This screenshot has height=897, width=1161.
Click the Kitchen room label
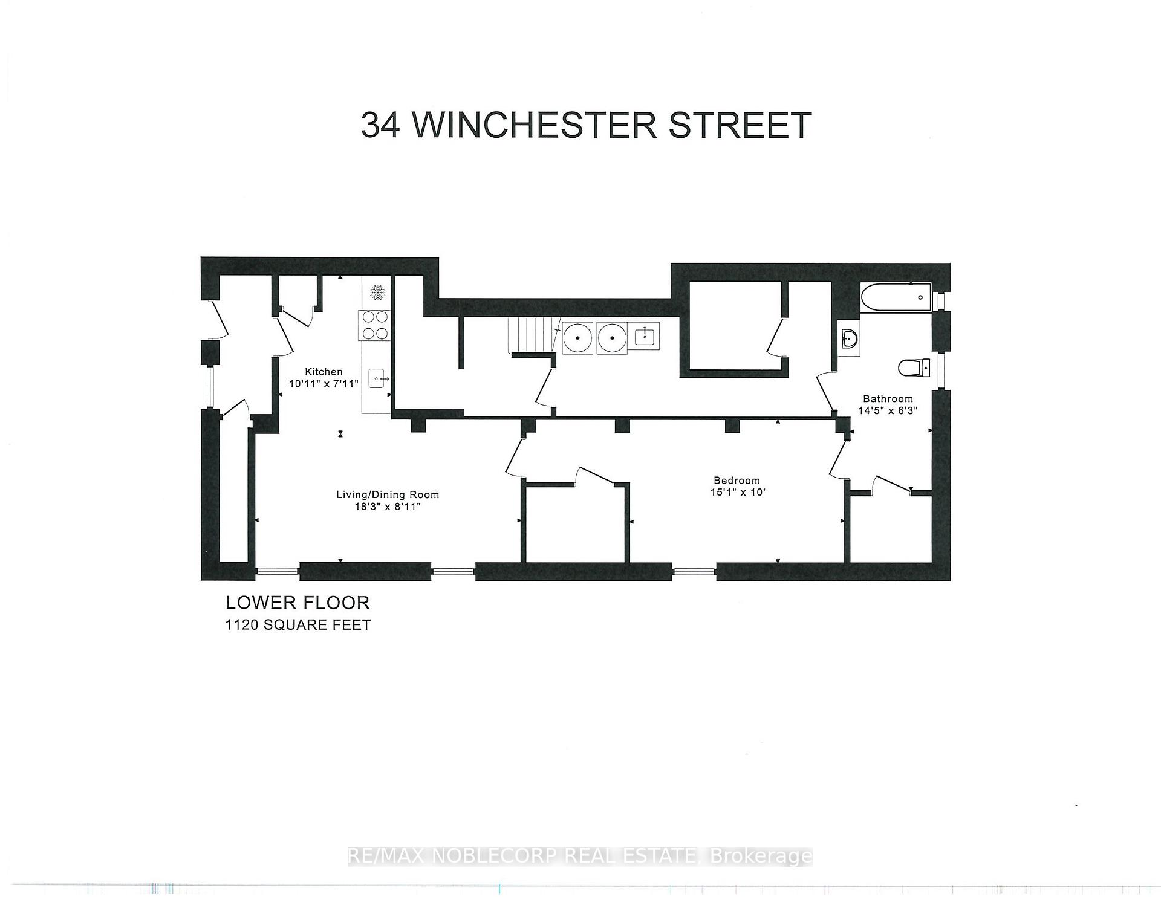[324, 372]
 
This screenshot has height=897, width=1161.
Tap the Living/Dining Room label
[388, 494]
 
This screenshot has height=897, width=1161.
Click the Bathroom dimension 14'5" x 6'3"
[888, 410]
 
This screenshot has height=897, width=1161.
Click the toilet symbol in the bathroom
[915, 367]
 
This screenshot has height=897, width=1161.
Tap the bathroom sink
[850, 339]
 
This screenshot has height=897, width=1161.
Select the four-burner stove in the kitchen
[375, 325]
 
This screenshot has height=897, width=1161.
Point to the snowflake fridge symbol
[378, 293]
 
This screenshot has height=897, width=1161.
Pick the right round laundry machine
[613, 338]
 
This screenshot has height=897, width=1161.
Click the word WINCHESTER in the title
[536, 125]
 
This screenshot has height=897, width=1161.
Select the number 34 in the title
[380, 125]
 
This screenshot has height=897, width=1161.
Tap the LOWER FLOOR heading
[298, 603]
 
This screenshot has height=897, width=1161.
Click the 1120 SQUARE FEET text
[298, 625]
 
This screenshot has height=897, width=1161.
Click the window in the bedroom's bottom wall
[694, 571]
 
